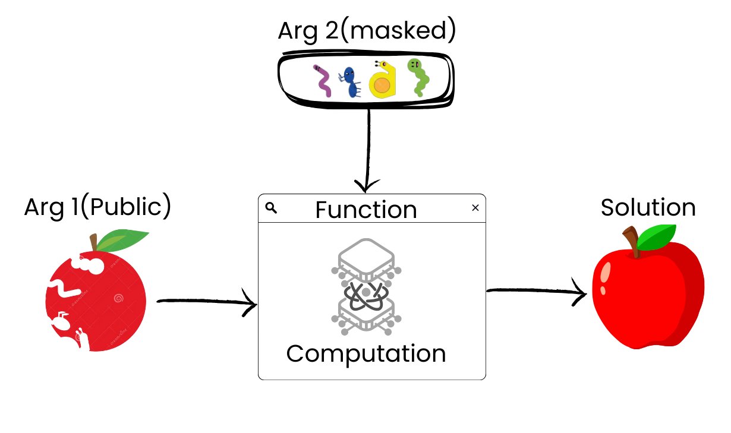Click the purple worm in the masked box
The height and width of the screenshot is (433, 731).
point(323,80)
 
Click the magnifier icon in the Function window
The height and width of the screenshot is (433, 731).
point(271,207)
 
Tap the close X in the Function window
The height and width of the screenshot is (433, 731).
point(475,208)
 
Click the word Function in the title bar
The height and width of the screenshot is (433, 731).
point(366,210)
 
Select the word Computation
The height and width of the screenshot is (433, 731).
point(366,353)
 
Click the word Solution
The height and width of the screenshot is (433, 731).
point(648,208)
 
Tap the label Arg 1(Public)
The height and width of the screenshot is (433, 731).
point(97,207)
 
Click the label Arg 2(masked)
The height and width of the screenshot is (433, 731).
point(367,31)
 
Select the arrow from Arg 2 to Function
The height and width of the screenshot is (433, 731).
point(369,148)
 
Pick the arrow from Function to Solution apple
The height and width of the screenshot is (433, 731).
point(535,292)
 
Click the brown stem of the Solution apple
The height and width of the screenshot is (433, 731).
point(632,242)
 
